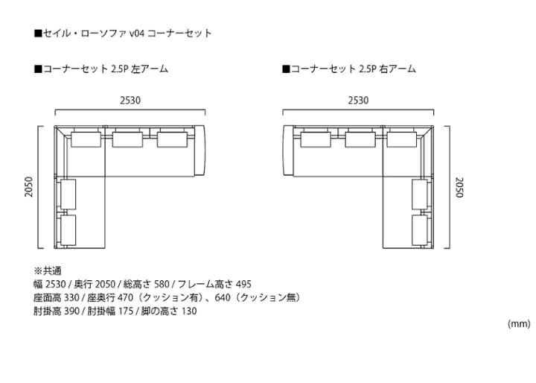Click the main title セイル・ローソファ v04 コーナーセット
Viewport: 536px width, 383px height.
(x=124, y=34)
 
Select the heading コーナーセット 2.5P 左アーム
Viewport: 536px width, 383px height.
(x=101, y=69)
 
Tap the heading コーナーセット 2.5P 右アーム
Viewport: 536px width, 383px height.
(x=349, y=69)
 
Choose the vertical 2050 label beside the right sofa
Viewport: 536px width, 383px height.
(x=459, y=188)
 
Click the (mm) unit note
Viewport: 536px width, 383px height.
(x=518, y=323)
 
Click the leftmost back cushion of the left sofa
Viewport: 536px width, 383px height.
(x=86, y=139)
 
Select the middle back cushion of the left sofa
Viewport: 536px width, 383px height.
(x=128, y=139)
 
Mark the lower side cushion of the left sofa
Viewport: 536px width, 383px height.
(x=68, y=230)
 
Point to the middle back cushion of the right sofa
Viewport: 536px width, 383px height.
(x=360, y=139)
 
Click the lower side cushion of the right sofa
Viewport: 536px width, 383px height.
(x=420, y=230)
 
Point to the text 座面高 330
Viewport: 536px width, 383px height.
(x=54, y=297)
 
